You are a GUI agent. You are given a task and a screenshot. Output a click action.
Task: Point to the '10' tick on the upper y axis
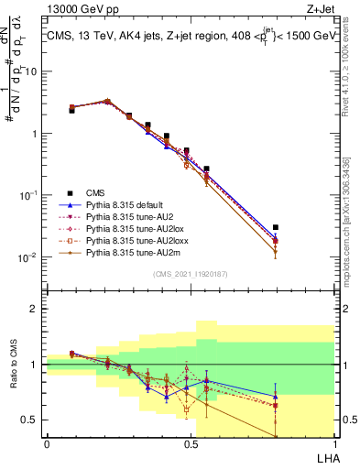point(32,71)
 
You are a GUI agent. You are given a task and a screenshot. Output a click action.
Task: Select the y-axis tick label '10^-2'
point(29,257)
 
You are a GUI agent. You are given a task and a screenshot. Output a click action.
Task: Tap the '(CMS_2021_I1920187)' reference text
point(189,273)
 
